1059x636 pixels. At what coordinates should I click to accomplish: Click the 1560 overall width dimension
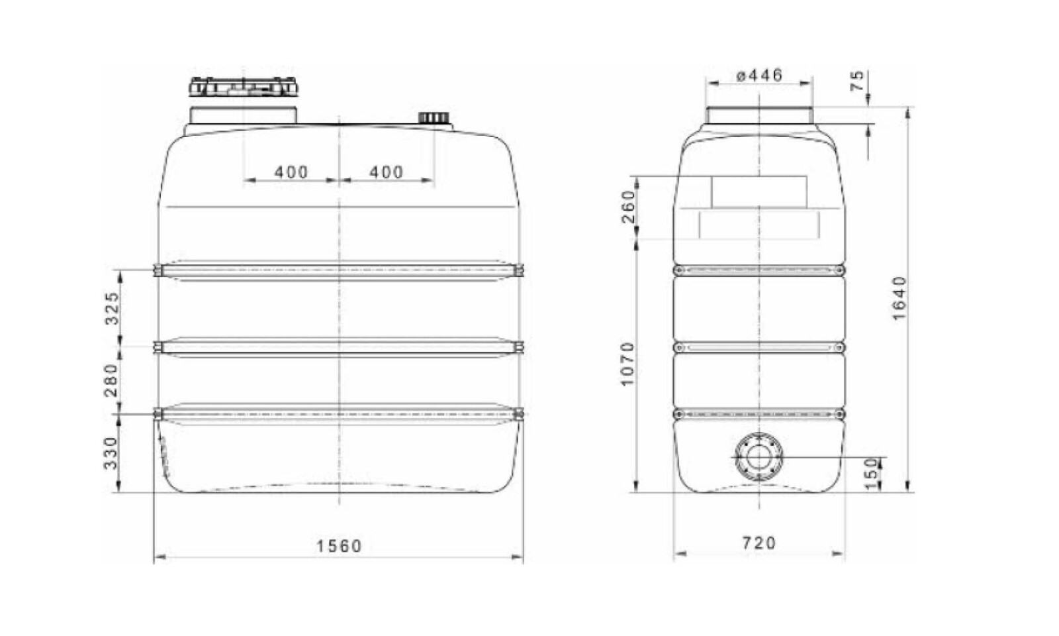(339, 546)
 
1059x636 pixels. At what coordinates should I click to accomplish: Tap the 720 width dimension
(759, 543)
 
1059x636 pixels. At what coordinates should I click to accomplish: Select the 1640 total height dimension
(899, 298)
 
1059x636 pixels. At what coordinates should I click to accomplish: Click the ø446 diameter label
(759, 75)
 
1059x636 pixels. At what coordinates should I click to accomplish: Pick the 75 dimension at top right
(857, 81)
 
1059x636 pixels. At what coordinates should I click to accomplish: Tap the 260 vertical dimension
(629, 206)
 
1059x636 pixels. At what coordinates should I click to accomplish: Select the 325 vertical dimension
(113, 307)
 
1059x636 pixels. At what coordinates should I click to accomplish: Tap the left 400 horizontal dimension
(291, 172)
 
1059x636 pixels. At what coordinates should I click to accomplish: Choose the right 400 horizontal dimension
(386, 172)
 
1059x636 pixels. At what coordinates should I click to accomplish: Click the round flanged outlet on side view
(759, 457)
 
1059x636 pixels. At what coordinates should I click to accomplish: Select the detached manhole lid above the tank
(244, 87)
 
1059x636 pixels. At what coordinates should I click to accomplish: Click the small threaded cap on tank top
(434, 118)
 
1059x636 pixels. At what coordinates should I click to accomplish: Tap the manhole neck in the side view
(759, 115)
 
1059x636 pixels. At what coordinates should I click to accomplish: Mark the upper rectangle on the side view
(759, 191)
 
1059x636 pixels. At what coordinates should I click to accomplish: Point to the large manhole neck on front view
(243, 115)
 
